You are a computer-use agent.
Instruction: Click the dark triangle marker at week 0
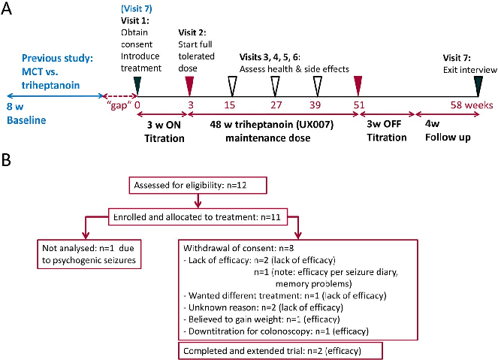(136, 83)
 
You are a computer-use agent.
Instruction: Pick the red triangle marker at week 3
(189, 83)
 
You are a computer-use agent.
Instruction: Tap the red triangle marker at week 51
(358, 83)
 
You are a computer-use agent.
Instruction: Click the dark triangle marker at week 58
(478, 83)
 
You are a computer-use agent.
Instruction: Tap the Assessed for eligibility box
(196, 185)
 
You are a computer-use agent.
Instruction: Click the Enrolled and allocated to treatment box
(198, 216)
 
